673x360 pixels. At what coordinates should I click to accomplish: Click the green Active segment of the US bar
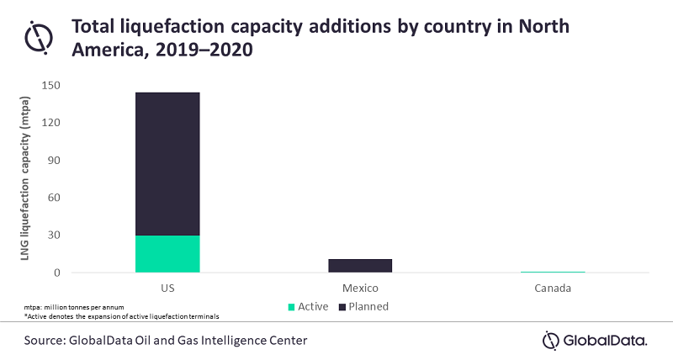pos(167,253)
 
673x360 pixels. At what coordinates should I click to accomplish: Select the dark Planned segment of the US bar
pos(167,163)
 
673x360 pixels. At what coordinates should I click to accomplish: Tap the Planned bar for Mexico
pos(359,266)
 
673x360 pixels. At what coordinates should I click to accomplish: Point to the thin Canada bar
pos(553,272)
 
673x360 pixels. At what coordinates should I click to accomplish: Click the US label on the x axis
pos(167,288)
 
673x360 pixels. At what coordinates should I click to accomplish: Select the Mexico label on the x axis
pos(359,288)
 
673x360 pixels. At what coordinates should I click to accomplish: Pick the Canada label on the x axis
pos(553,288)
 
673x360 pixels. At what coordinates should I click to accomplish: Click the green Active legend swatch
pos(292,307)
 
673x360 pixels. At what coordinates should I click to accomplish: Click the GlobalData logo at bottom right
pos(595,341)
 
